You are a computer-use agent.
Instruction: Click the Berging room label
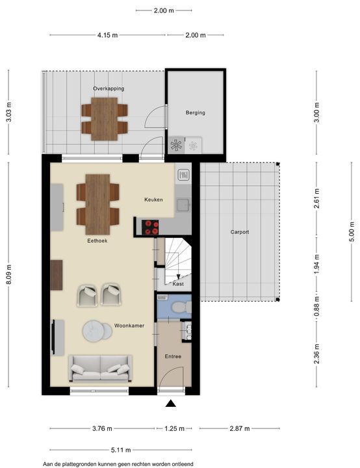click(195, 112)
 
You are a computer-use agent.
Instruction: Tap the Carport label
click(239, 232)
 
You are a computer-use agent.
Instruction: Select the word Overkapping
click(109, 88)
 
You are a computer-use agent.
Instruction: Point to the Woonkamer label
click(129, 326)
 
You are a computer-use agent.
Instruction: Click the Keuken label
click(153, 200)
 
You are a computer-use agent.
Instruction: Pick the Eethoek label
click(97, 240)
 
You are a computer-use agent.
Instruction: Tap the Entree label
click(173, 356)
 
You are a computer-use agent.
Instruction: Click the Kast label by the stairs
click(178, 284)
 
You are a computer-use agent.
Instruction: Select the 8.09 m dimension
click(9, 274)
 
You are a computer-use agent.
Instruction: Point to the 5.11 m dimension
click(121, 450)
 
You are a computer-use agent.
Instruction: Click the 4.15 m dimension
click(107, 35)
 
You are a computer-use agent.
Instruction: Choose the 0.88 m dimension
click(317, 306)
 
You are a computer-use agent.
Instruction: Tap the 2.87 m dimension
click(240, 428)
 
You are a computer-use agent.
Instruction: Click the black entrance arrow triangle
click(171, 403)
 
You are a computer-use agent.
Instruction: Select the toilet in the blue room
click(182, 307)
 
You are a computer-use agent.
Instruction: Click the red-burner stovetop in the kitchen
click(150, 227)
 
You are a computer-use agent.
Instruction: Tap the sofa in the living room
click(100, 369)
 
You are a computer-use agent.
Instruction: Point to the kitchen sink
click(183, 205)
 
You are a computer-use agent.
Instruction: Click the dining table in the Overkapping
click(104, 119)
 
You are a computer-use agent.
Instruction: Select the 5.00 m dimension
click(352, 231)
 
